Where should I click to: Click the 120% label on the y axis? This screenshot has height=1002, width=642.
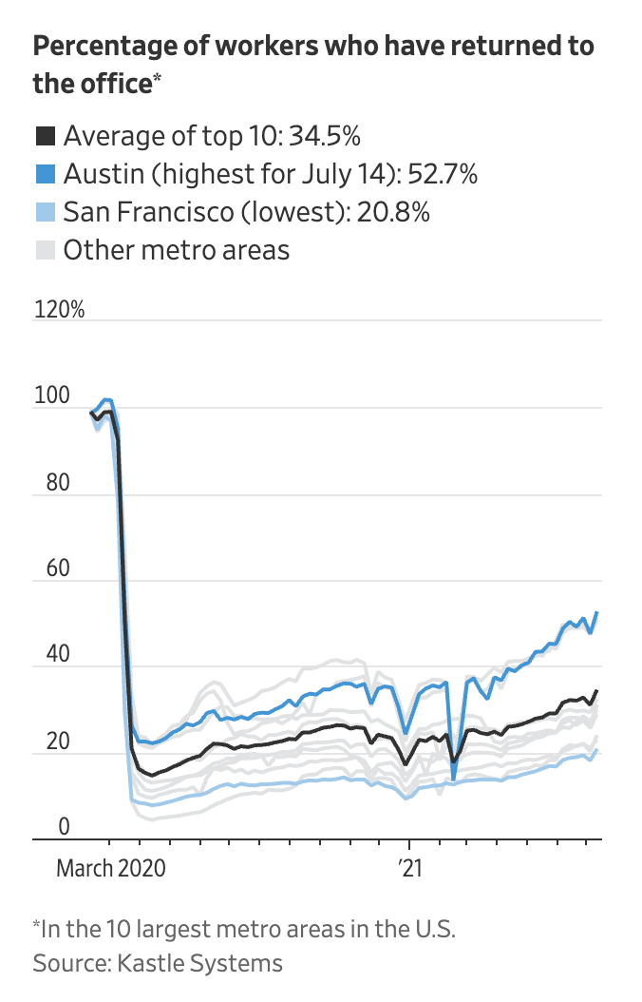(58, 310)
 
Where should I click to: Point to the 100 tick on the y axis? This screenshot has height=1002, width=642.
(51, 396)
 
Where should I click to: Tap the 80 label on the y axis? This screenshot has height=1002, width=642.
(51, 483)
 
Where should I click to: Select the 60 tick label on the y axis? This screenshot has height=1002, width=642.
(51, 569)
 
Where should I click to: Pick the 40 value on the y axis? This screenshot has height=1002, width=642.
(51, 656)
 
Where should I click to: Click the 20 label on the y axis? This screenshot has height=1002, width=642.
(51, 742)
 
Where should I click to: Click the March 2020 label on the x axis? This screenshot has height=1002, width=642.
(110, 868)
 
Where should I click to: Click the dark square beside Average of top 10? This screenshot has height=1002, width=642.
(45, 136)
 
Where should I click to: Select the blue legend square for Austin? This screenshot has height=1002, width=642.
(45, 174)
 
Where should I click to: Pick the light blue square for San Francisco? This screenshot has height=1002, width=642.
(45, 212)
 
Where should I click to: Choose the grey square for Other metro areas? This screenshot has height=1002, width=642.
(45, 250)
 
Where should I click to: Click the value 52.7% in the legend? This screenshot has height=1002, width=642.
(442, 174)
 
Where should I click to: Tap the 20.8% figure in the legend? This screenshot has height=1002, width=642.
(393, 212)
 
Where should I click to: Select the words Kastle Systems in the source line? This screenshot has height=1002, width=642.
(199, 962)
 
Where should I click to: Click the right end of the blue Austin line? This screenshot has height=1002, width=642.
(596, 612)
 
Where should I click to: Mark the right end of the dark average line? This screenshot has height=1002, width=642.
(596, 691)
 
